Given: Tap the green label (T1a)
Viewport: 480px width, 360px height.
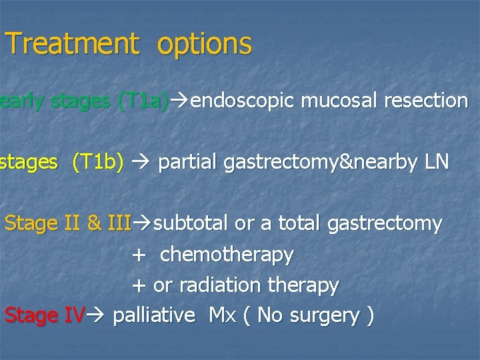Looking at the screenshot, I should pyautogui.click(x=142, y=101).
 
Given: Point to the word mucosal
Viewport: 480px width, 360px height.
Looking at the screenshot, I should pyautogui.click(x=338, y=101).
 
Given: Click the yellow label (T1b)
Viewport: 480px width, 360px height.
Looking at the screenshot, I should pyautogui.click(x=98, y=163).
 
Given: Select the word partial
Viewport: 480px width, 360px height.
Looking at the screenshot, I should pyautogui.click(x=186, y=163).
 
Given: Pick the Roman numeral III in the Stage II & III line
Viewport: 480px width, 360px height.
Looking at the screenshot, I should pyautogui.click(x=118, y=224).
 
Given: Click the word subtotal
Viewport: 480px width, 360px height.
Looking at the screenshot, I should pyautogui.click(x=191, y=224).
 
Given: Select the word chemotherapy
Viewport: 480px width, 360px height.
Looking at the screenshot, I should pyautogui.click(x=227, y=255).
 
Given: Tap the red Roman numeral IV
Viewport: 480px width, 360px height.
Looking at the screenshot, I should pyautogui.click(x=73, y=315).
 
